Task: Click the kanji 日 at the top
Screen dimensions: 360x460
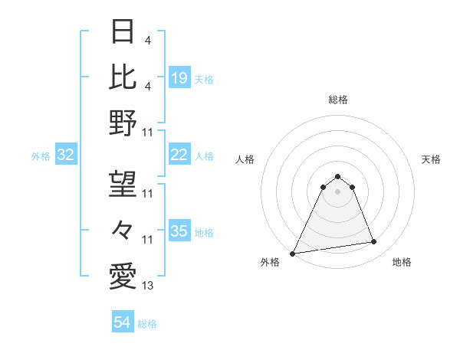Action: click(123, 32)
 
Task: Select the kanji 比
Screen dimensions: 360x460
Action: click(123, 77)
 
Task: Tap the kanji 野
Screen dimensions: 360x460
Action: click(123, 122)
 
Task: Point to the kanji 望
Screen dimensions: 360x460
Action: click(123, 185)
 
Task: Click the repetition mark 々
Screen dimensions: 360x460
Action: click(123, 229)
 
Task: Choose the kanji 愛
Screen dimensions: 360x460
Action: click(123, 274)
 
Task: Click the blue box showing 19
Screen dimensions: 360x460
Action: click(179, 78)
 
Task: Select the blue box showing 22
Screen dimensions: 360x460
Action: click(179, 155)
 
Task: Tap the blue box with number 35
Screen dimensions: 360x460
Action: click(179, 232)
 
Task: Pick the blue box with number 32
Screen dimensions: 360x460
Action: click(66, 155)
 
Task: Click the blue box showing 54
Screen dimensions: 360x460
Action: click(123, 323)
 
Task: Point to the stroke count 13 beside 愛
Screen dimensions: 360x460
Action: click(148, 286)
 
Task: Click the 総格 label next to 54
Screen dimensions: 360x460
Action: click(147, 324)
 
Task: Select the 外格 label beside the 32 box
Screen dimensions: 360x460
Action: click(41, 156)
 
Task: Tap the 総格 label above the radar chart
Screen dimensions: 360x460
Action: click(338, 100)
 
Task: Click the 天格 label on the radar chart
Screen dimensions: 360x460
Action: click(431, 159)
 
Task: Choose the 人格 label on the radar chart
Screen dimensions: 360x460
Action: click(245, 159)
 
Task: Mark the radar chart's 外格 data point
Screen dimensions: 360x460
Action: click(293, 254)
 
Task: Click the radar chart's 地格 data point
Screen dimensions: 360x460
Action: click(374, 242)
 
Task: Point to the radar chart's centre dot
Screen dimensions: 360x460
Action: click(338, 191)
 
